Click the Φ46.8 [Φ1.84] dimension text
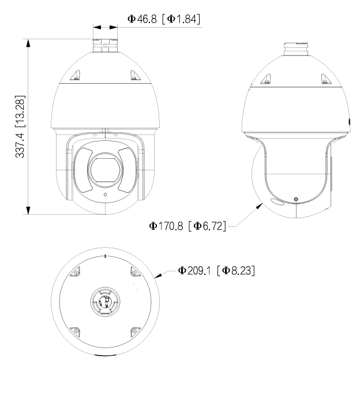coord(163,20)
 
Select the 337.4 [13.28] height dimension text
coord(20,126)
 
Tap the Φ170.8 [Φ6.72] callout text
coord(187,225)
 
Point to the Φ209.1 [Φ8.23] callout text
coord(216,270)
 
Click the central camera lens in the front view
coord(104,169)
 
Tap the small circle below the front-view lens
coord(104,195)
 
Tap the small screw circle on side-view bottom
coord(296,199)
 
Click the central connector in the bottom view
coord(104,301)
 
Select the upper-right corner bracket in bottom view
coord(134,272)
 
